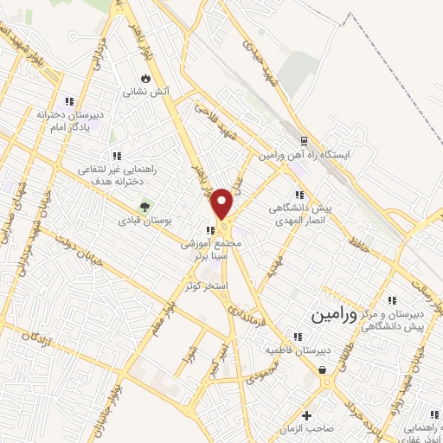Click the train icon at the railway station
[303, 141]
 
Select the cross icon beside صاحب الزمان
[306, 414]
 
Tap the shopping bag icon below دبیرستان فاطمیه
[323, 371]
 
